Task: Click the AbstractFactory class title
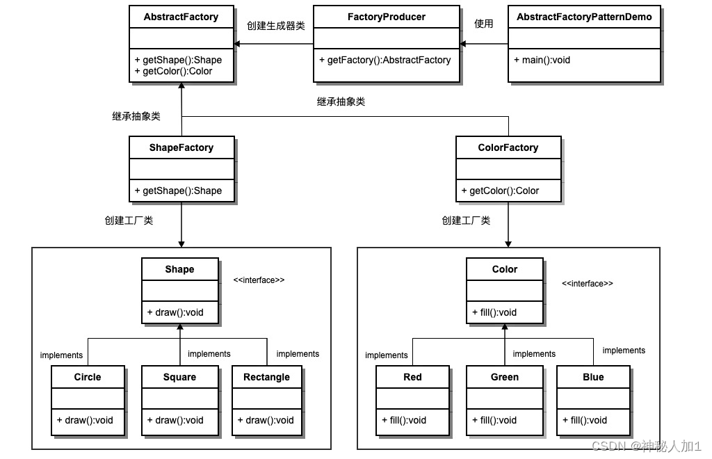(x=181, y=17)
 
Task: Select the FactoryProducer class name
(x=386, y=17)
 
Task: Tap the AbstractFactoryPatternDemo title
(x=584, y=17)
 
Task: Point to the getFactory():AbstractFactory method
(x=385, y=60)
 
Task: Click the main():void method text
(x=542, y=60)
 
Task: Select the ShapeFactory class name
(x=181, y=147)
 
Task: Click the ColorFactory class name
(x=508, y=147)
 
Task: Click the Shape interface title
(x=179, y=269)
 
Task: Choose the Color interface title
(x=505, y=269)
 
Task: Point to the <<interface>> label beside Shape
(x=259, y=280)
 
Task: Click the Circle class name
(x=88, y=377)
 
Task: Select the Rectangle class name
(x=266, y=377)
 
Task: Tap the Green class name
(x=505, y=377)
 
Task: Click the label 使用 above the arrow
(x=483, y=24)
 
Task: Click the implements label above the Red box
(x=386, y=355)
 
